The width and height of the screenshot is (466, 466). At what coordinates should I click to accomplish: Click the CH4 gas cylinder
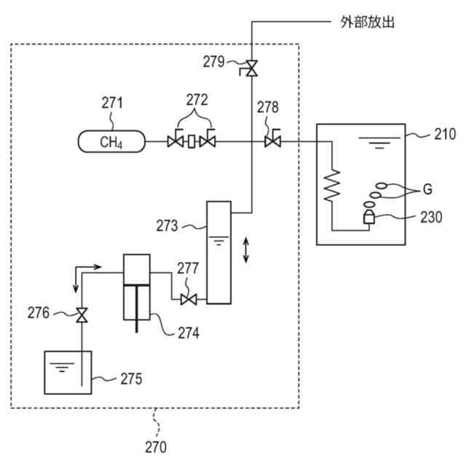[111, 141]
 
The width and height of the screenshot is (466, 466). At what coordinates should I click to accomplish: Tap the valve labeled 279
[251, 68]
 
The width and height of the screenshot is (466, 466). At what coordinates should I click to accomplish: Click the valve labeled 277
[189, 299]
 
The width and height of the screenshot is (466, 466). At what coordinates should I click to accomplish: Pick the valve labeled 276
[82, 315]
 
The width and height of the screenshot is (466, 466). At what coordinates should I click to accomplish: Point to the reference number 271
[112, 103]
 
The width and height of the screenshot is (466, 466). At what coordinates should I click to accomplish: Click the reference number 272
[197, 100]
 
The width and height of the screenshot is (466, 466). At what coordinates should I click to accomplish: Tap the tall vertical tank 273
[218, 253]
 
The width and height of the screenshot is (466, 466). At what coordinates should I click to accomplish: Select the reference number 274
[189, 333]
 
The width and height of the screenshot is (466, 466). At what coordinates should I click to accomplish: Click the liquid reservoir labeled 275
[68, 373]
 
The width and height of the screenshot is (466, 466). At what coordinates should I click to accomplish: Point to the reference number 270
[156, 447]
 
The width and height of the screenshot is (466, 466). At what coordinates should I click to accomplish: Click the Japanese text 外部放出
[368, 22]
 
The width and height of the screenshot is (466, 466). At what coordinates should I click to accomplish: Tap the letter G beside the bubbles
[427, 189]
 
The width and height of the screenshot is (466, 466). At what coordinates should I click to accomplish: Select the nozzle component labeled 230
[369, 217]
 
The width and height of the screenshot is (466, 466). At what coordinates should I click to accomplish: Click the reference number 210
[445, 134]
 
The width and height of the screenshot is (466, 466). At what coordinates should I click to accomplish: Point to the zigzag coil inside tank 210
[332, 186]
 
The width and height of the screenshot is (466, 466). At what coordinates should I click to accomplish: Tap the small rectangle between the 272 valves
[191, 141]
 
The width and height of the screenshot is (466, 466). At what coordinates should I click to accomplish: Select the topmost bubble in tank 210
[381, 186]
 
